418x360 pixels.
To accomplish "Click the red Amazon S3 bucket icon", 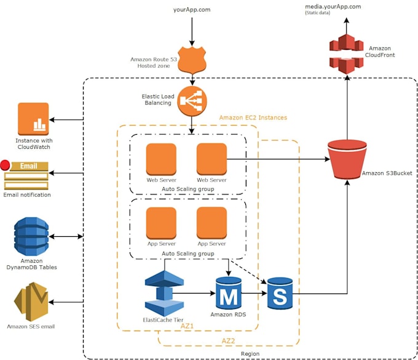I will click(347, 161).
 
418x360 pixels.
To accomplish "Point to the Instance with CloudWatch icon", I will click(33, 119).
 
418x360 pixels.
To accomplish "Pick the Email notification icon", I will click(26, 175).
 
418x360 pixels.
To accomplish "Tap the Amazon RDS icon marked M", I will click(229, 294).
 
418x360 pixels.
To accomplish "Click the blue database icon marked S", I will click(280, 294).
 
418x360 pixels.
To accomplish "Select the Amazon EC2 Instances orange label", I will click(253, 118).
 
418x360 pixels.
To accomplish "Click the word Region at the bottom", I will click(249, 354).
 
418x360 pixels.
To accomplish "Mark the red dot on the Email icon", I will click(6, 165).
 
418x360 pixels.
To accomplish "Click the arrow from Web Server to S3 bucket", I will click(277, 159).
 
